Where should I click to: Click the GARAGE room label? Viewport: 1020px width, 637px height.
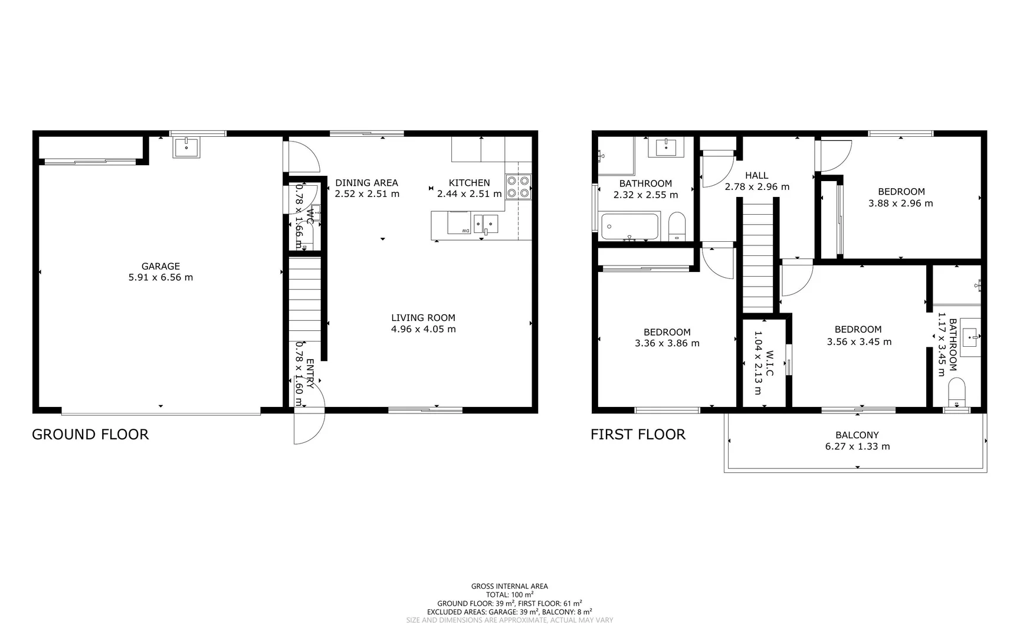click(160, 266)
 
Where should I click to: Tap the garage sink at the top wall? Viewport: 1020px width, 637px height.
click(186, 147)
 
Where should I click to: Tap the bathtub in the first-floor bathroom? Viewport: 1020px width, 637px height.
click(629, 226)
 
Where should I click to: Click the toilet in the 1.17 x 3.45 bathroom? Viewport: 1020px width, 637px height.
click(956, 392)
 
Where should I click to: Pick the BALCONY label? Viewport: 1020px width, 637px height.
click(857, 435)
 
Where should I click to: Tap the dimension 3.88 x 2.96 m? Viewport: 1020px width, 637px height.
click(900, 203)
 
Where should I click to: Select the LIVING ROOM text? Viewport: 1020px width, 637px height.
click(423, 317)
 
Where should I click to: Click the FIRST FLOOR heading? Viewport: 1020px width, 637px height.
click(638, 435)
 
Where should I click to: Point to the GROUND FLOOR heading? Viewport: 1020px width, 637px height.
click(90, 435)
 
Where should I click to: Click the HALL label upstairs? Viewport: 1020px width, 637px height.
click(756, 175)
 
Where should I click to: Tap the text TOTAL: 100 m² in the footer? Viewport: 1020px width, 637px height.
click(509, 595)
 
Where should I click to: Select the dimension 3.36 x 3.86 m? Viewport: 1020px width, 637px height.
click(667, 343)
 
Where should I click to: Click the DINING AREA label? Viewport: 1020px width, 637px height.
click(366, 183)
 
